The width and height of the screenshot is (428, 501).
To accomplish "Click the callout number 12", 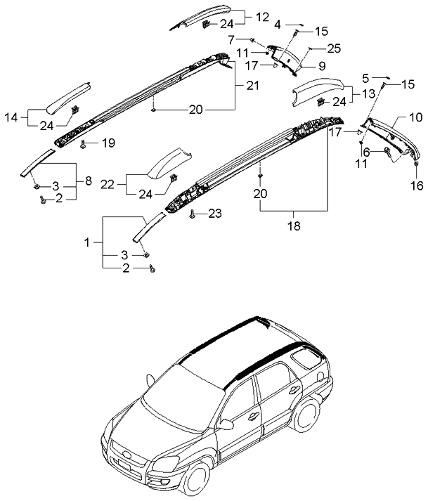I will [x=242, y=16].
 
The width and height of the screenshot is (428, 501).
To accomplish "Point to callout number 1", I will [x=87, y=242].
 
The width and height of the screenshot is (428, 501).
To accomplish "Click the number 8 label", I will [x=88, y=181].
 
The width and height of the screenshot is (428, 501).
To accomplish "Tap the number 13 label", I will [x=368, y=93].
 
